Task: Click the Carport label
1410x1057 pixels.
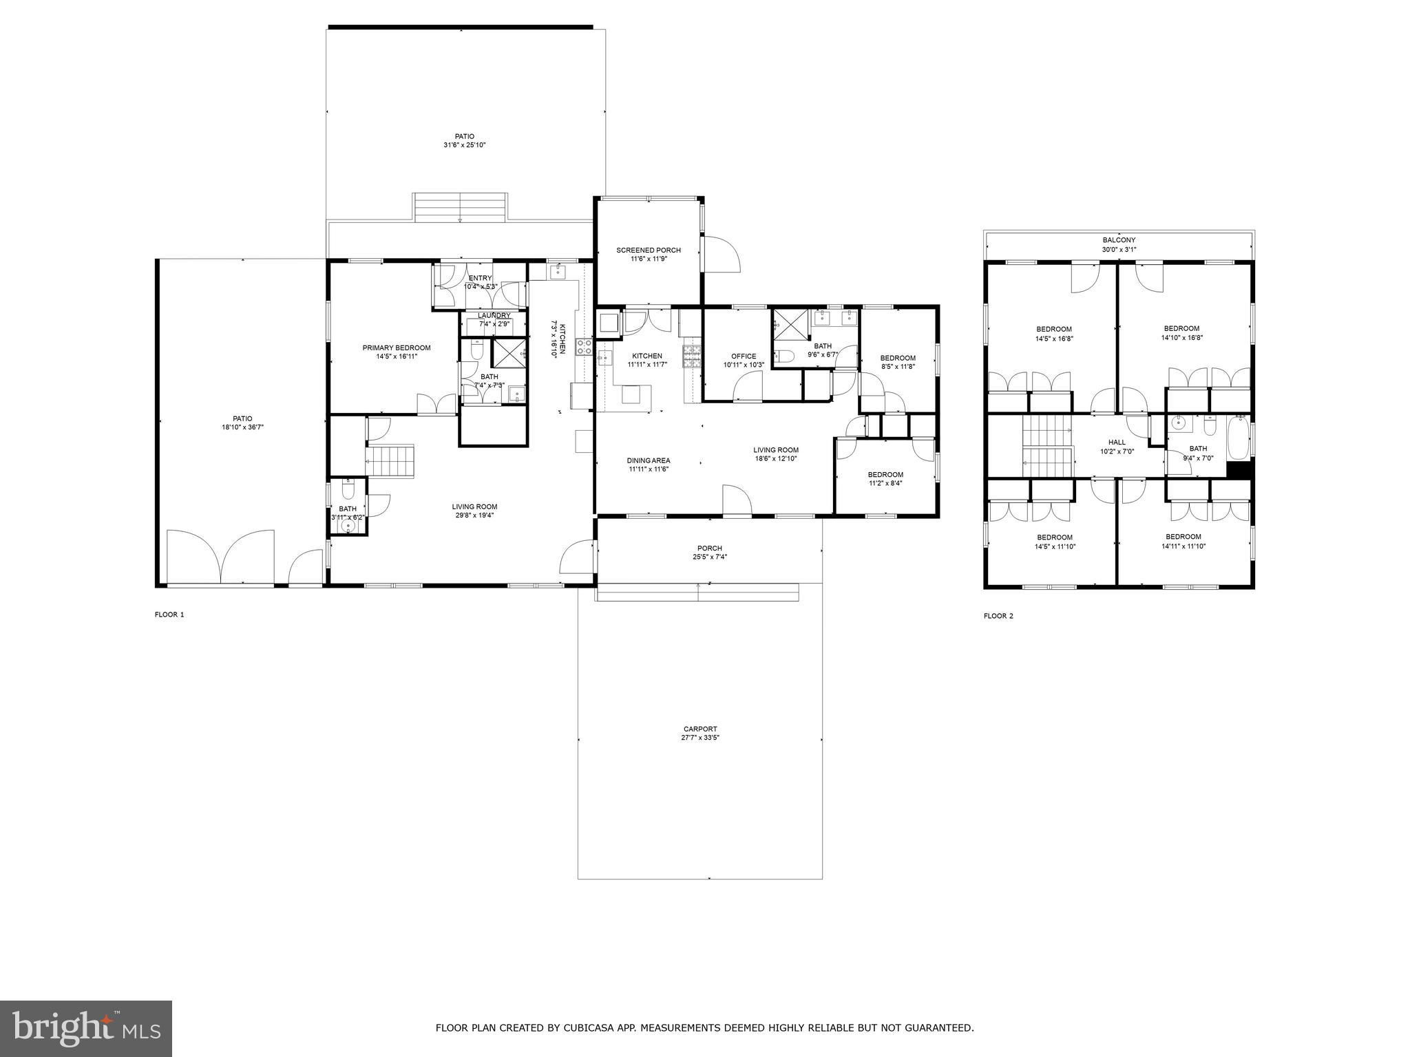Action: point(700,729)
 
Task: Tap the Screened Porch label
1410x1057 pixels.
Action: point(648,250)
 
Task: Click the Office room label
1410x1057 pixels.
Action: point(744,356)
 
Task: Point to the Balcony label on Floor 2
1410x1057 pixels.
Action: point(1119,240)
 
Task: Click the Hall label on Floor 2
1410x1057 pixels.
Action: point(1117,442)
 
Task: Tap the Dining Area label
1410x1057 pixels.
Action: point(648,460)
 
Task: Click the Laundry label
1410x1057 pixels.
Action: point(494,316)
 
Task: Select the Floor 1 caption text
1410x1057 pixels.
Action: point(169,615)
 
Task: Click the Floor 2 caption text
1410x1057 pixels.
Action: point(998,616)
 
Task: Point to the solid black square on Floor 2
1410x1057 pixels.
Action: point(1239,469)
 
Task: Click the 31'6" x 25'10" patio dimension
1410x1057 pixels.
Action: point(465,145)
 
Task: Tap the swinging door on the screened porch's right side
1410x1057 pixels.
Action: point(721,253)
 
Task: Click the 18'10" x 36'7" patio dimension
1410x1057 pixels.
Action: point(242,427)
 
